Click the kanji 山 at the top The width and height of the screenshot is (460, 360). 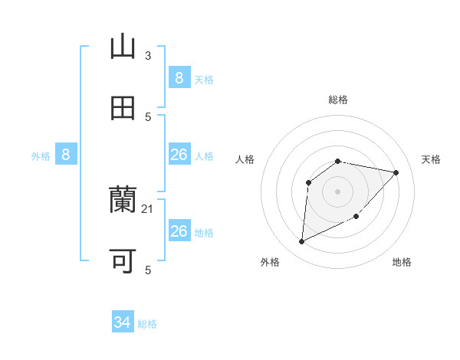click(123, 47)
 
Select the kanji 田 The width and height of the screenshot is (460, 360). click(123, 108)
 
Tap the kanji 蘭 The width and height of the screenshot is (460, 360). click(123, 200)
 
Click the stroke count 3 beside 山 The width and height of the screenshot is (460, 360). click(148, 55)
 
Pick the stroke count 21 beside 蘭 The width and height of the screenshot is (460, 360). click(148, 208)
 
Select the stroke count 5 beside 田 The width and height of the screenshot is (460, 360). click(148, 116)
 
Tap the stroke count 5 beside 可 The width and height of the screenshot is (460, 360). click(148, 270)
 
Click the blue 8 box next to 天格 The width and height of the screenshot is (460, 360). click(179, 77)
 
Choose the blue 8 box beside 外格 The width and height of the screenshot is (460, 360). click(66, 155)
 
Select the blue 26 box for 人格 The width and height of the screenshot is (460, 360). click(179, 155)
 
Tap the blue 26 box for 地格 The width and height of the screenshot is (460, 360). click(179, 231)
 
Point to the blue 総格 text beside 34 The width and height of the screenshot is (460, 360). click(147, 324)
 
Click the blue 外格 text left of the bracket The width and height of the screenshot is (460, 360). click(41, 156)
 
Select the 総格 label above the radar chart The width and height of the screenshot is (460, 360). click(338, 100)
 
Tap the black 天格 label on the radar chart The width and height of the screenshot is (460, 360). click(431, 159)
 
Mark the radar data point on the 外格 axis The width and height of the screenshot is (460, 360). click(301, 242)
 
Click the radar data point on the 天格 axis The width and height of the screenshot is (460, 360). click(396, 172)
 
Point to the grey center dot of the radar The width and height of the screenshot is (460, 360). click(338, 191)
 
